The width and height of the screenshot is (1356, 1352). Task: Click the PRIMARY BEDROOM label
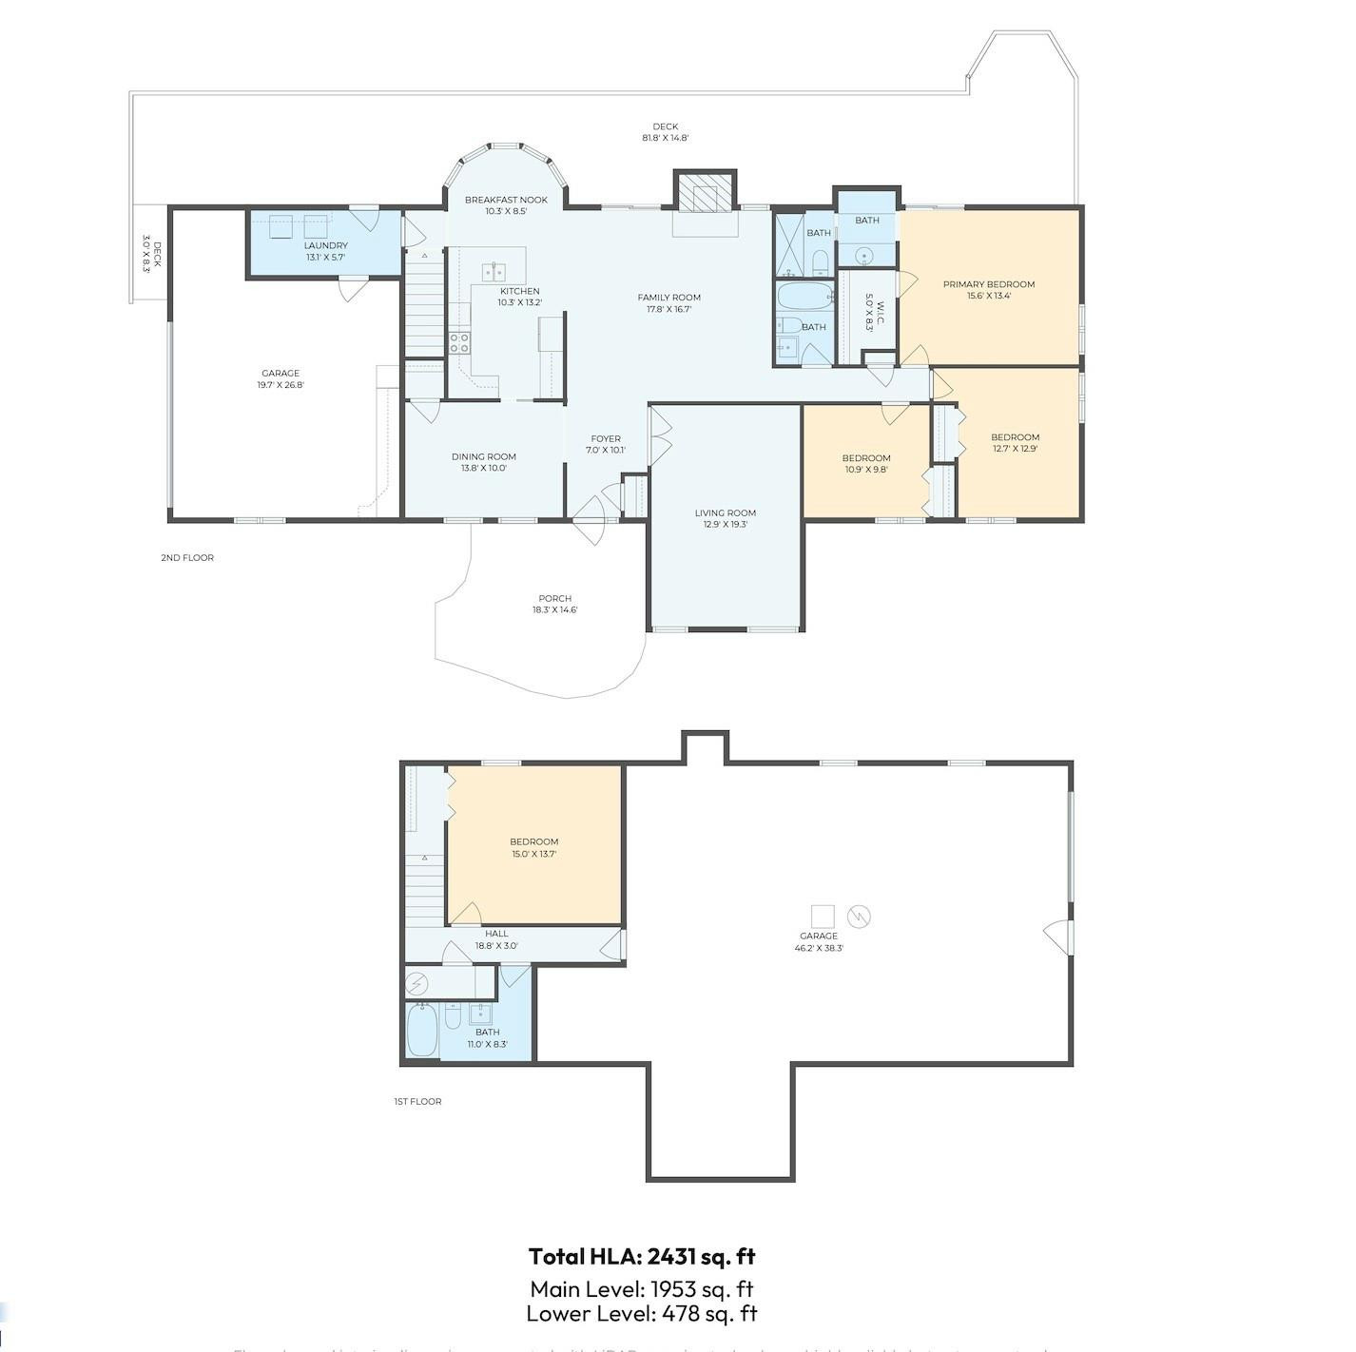(988, 284)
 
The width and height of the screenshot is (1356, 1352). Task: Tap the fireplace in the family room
(705, 196)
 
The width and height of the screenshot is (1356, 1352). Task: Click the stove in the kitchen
(459, 342)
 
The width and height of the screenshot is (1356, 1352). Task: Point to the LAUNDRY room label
(325, 245)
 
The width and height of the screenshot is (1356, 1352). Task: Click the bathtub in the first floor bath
(421, 1030)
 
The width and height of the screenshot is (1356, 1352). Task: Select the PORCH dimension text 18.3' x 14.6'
(554, 610)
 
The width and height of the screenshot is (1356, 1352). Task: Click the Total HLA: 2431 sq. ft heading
(642, 1256)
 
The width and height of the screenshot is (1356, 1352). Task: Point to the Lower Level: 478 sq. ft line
(642, 1314)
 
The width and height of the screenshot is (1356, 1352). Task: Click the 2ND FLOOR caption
(187, 558)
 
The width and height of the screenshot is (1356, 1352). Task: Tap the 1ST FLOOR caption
(417, 1102)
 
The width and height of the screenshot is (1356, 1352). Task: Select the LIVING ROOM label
(725, 513)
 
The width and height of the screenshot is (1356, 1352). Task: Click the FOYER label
(606, 439)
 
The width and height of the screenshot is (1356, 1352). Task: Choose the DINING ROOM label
(483, 456)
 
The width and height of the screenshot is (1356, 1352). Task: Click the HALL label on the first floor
(496, 934)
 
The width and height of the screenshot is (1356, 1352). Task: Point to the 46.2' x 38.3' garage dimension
(818, 948)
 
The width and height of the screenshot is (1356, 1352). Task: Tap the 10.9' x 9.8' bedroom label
(865, 469)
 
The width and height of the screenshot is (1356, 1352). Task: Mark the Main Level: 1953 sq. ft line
(642, 1288)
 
